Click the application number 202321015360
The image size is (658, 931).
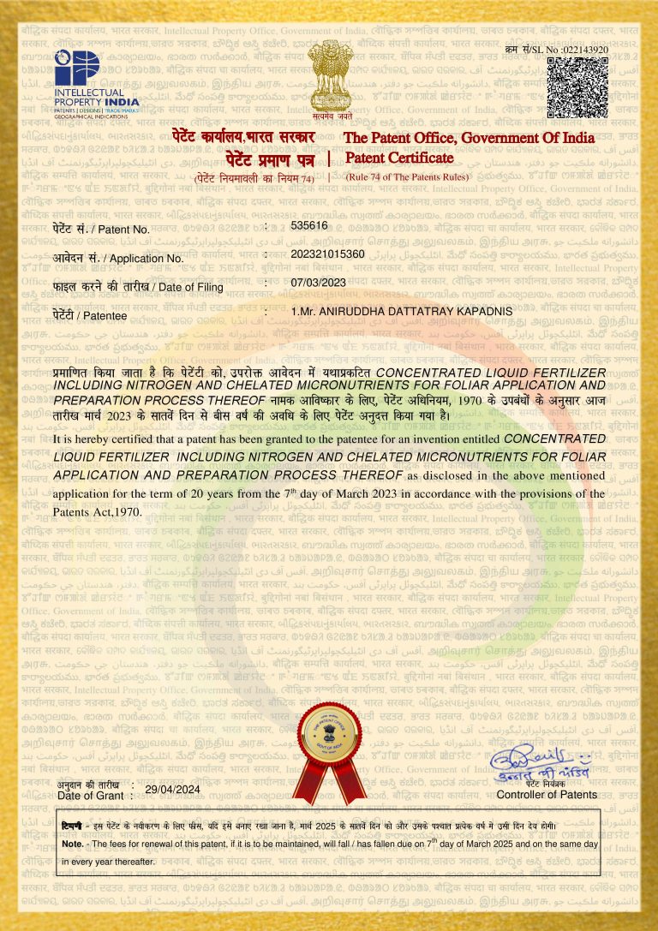click(x=328, y=255)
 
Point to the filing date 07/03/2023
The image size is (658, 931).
click(x=318, y=283)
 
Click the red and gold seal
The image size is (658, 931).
click(x=331, y=755)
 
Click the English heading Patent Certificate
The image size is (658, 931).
click(x=399, y=158)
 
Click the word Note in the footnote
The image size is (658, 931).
click(x=72, y=844)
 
